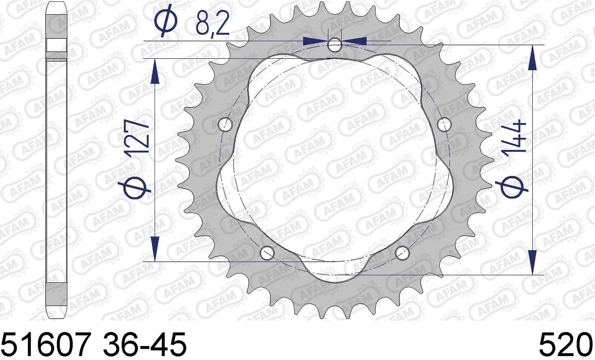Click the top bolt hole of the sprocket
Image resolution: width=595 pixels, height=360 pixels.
click(335, 45)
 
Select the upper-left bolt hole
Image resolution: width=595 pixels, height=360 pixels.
click(225, 124)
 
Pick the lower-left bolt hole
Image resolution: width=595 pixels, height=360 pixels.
click(267, 253)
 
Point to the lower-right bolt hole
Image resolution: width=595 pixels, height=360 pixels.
click(402, 253)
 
